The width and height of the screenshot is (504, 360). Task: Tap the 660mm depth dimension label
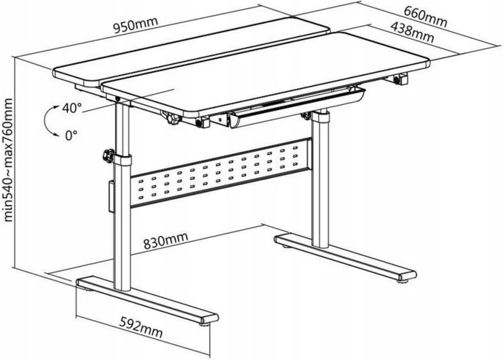(425, 17)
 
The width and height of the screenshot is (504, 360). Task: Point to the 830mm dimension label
(165, 241)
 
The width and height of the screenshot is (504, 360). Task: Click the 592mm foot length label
(141, 327)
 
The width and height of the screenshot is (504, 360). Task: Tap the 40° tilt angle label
(72, 108)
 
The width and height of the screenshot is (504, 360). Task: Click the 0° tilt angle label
(71, 135)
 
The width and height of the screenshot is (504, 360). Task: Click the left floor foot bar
(147, 301)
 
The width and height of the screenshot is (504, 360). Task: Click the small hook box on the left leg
(111, 197)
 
